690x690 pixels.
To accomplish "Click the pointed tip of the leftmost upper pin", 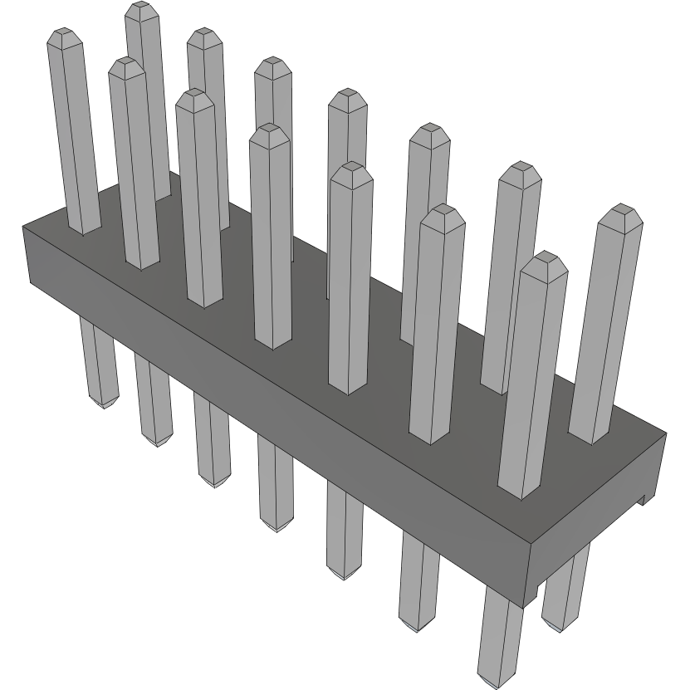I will pos(64,35).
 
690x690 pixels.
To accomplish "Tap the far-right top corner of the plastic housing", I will pos(666,433).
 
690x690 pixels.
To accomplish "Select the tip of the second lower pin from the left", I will pos(155,441).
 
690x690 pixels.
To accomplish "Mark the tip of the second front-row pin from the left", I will pos(125,64).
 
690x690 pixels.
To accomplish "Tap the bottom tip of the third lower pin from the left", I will pos(214,483).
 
